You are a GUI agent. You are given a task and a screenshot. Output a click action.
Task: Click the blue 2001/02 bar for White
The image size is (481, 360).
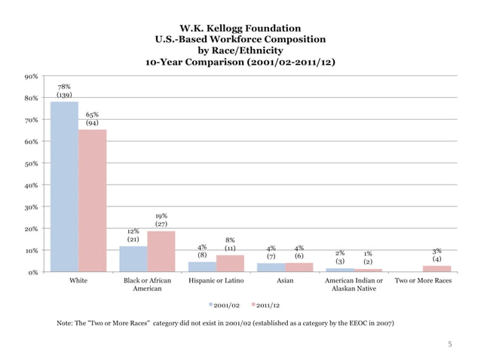click(x=64, y=186)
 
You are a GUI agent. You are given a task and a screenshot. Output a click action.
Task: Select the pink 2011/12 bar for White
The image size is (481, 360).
click(x=92, y=200)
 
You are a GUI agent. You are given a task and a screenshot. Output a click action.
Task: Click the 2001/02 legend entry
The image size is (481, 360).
click(x=225, y=306)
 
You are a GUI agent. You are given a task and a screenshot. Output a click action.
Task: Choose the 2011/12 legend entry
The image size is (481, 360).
click(x=266, y=306)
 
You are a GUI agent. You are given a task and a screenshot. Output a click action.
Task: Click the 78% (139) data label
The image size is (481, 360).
click(x=64, y=91)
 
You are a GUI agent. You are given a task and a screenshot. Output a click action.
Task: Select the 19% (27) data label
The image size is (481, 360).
click(x=161, y=220)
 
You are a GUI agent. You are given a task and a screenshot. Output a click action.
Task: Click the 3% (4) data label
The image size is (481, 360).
click(x=437, y=255)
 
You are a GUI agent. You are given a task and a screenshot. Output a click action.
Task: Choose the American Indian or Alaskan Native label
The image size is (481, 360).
click(x=354, y=285)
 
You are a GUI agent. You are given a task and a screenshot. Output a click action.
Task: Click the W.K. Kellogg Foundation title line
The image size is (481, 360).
click(x=240, y=28)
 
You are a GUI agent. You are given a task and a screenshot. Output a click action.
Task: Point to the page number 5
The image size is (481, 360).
click(x=450, y=345)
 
